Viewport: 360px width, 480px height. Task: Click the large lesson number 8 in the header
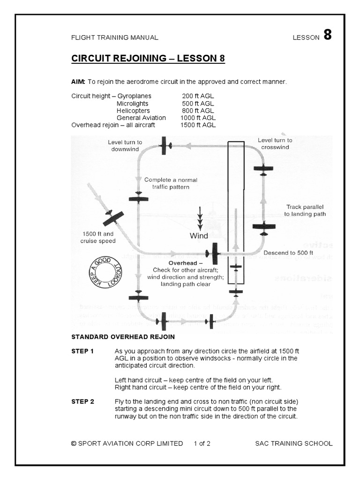[327, 36]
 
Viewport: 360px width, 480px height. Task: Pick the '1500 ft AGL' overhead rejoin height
[198, 126]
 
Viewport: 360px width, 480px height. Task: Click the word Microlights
[133, 103]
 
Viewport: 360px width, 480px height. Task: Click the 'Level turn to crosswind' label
[275, 143]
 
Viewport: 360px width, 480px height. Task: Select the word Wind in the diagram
[199, 236]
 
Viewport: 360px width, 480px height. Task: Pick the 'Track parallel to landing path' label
[305, 210]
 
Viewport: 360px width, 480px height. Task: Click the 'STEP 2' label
[82, 401]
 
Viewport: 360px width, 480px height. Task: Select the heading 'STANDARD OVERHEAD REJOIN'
[123, 337]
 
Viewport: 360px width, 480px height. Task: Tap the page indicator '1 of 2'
[202, 443]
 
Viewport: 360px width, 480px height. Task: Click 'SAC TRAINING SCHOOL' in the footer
[294, 443]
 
